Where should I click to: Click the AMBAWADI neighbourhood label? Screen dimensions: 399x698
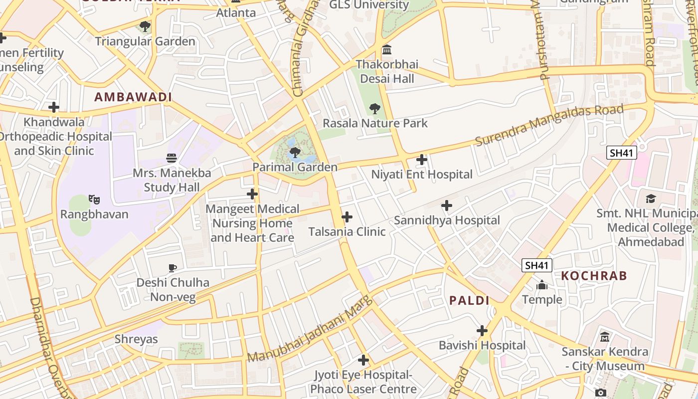133,97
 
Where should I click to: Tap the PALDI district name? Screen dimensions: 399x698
469,300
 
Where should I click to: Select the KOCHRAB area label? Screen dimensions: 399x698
594,276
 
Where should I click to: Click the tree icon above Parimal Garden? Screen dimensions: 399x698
295,152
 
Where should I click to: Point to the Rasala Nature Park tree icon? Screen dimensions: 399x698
375,108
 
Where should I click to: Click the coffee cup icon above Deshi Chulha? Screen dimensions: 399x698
173,268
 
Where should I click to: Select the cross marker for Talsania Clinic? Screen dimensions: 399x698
347,217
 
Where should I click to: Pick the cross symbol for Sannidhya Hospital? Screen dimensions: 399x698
447,205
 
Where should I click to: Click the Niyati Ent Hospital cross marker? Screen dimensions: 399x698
422,160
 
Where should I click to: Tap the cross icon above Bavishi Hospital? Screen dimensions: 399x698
482,331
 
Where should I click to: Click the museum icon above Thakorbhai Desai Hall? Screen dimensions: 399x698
387,50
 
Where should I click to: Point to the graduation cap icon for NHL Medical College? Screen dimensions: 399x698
651,199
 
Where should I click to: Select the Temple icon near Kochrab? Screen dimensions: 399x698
542,285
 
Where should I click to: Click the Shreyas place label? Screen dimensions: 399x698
136,339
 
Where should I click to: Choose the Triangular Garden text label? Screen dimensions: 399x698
145,41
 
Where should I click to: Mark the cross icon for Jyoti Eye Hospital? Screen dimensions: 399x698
363,360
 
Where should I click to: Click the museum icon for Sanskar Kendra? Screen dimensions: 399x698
605,337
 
